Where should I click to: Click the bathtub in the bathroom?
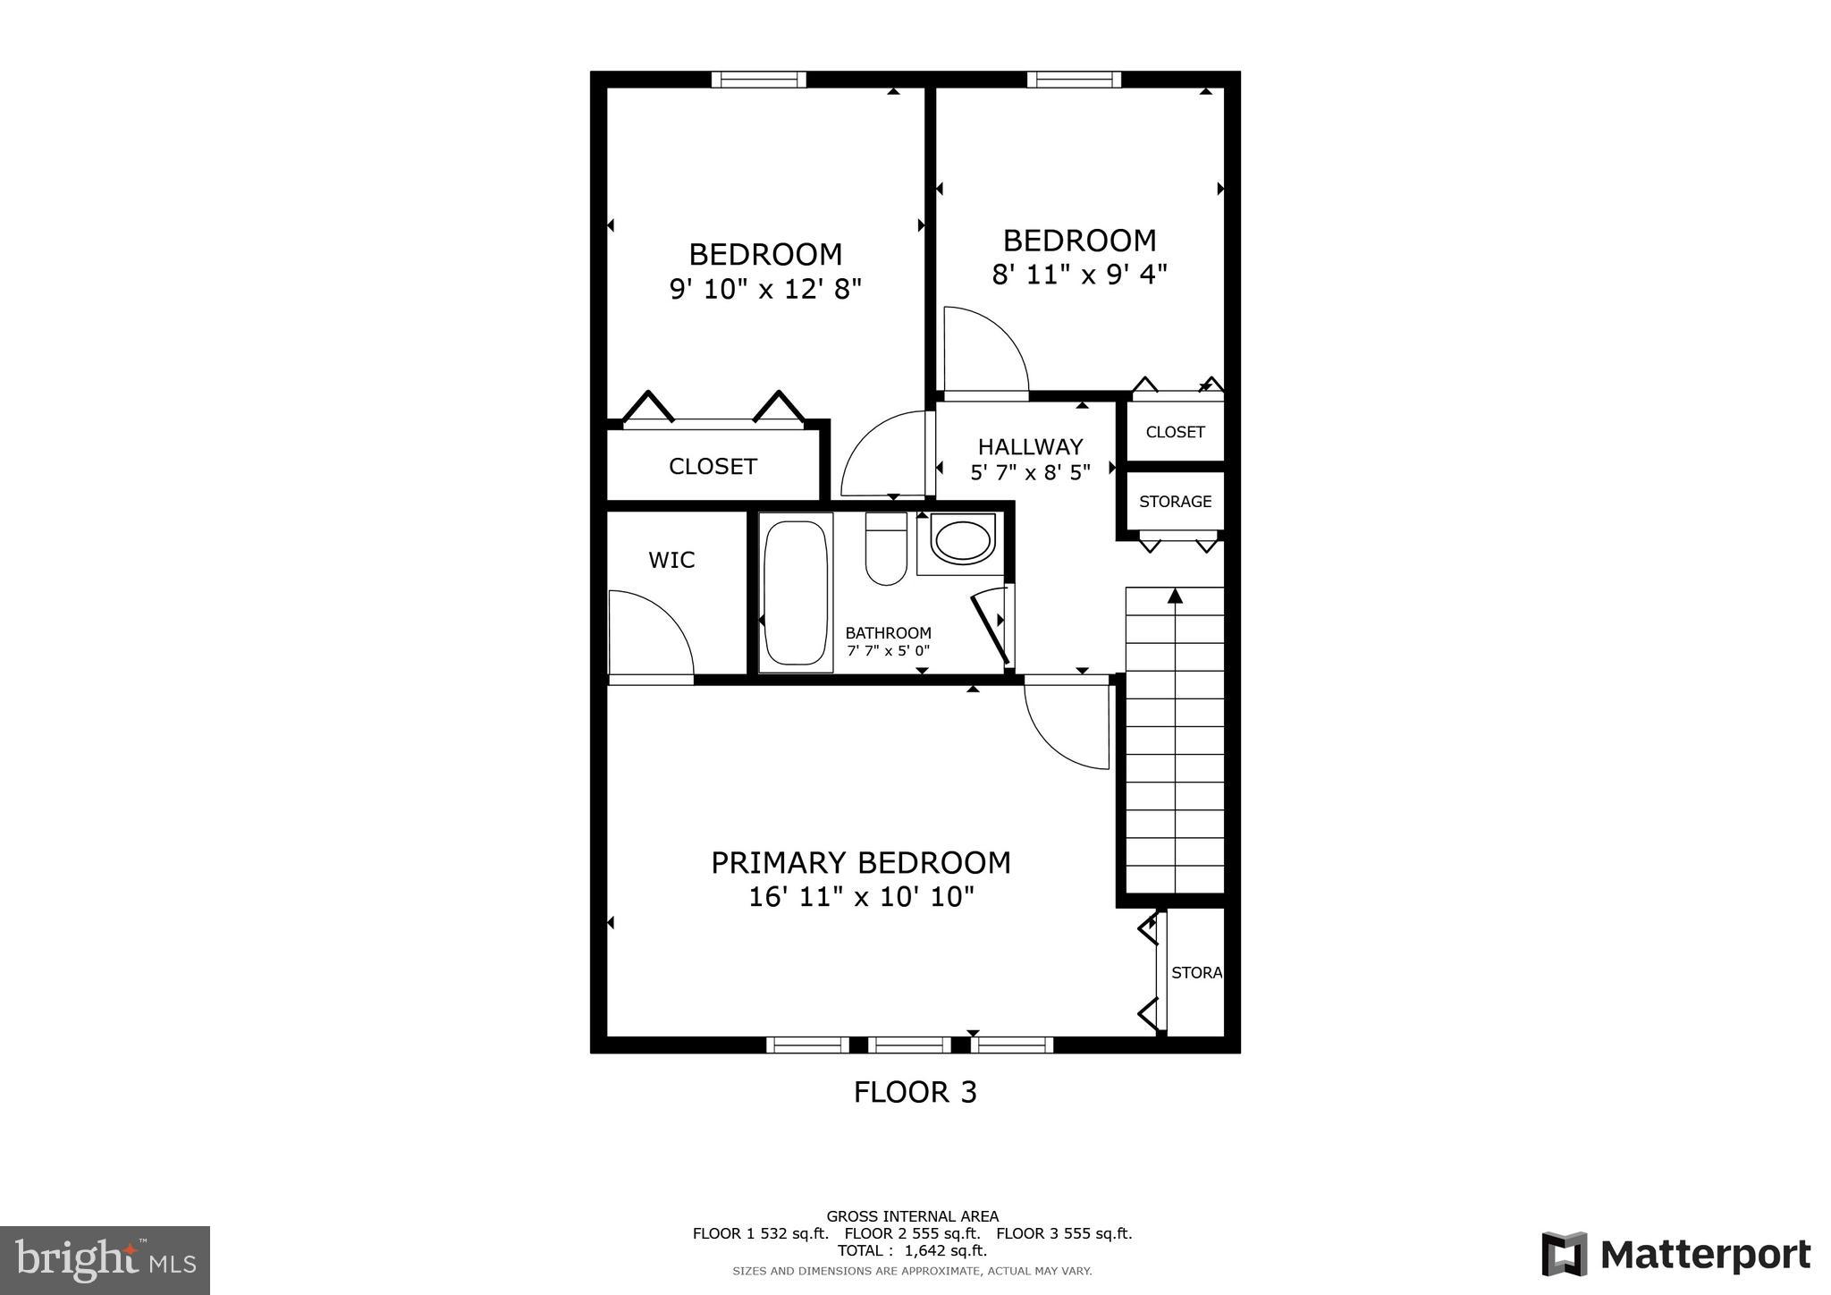[796, 592]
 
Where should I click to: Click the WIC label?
[671, 561]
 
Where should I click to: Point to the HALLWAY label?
[1030, 447]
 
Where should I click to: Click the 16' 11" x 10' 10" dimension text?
[861, 897]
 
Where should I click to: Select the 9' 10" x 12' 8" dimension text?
[765, 290]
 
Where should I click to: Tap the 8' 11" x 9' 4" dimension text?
[1079, 275]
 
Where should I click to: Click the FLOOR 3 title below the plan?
[915, 1092]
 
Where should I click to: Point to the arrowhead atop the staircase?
[1175, 596]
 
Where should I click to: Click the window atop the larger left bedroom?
[758, 80]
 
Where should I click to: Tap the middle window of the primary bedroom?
[909, 1045]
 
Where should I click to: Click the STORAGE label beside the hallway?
[1175, 502]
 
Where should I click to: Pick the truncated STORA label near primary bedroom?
[1196, 973]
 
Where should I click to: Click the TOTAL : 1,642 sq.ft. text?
[912, 1250]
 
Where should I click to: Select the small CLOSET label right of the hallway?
[1175, 432]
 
